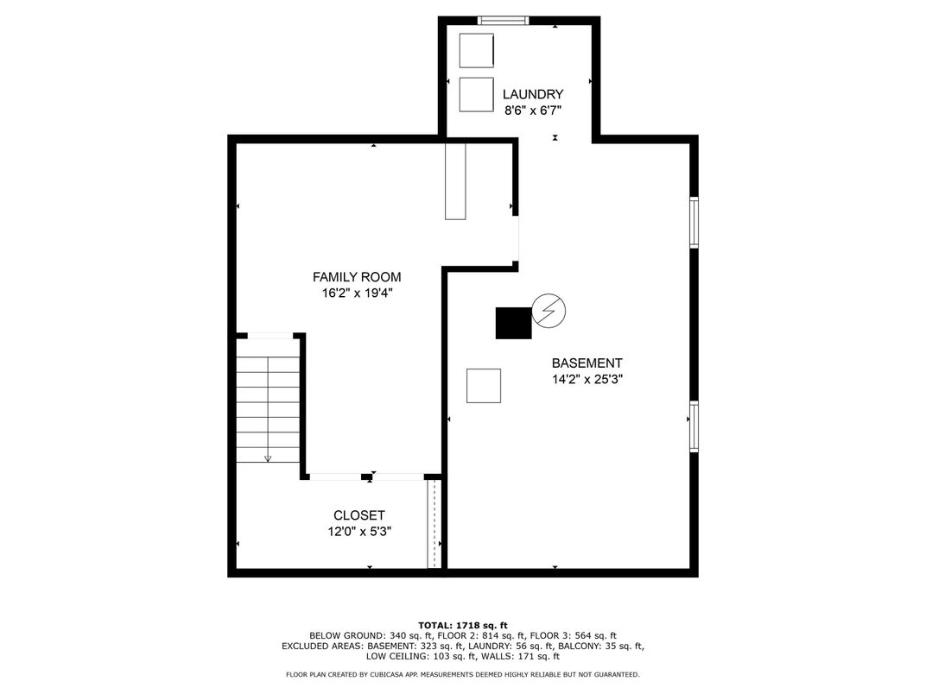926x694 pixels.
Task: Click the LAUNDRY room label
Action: [533, 94]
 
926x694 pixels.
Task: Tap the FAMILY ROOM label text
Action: [357, 277]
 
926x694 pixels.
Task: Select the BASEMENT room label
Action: [587, 363]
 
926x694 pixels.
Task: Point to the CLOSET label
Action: [359, 515]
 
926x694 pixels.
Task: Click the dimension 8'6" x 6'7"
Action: [533, 110]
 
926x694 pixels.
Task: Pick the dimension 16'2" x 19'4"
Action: [358, 293]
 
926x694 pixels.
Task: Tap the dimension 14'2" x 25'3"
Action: [587, 380]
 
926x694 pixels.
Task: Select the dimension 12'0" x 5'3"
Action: [359, 531]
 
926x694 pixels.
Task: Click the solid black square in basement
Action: [513, 324]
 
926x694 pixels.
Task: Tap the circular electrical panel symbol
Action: [549, 311]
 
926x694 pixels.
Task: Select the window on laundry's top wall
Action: [503, 21]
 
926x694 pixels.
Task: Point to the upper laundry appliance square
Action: [477, 51]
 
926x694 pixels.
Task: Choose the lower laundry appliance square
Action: [477, 94]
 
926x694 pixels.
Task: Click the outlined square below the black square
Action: [484, 386]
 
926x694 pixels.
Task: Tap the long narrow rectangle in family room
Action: [455, 181]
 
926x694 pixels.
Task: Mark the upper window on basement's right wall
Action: [694, 223]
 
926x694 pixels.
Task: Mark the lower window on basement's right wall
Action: [694, 426]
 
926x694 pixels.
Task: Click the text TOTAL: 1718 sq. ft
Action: [463, 626]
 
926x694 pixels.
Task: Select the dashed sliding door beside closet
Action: [434, 523]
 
